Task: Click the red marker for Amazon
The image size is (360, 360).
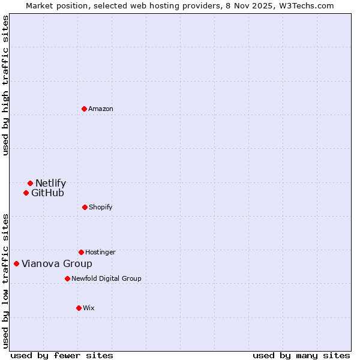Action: (x=84, y=109)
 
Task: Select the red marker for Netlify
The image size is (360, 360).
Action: (x=30, y=183)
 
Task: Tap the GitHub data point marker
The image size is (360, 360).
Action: (x=26, y=193)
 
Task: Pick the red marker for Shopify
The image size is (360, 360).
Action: (x=85, y=207)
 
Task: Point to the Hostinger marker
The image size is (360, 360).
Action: (x=81, y=252)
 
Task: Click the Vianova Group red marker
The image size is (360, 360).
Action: (x=16, y=263)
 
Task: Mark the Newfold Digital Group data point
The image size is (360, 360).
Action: (x=67, y=278)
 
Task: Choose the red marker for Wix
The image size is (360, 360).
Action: (x=79, y=308)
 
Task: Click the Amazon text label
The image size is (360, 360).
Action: (x=101, y=109)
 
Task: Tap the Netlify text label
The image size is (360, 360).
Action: (x=50, y=183)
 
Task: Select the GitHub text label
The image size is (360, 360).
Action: (x=47, y=193)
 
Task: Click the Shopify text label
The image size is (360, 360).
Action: (x=101, y=207)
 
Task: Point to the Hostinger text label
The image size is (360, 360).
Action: (x=100, y=252)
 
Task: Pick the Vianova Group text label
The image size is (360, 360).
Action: (x=57, y=263)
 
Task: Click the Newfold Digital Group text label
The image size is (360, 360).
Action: (x=106, y=278)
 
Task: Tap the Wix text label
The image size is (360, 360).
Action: (x=89, y=308)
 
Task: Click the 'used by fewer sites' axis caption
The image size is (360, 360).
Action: (x=62, y=355)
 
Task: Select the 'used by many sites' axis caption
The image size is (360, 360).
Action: (x=301, y=355)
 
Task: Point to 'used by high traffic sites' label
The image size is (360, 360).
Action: (x=5, y=85)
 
